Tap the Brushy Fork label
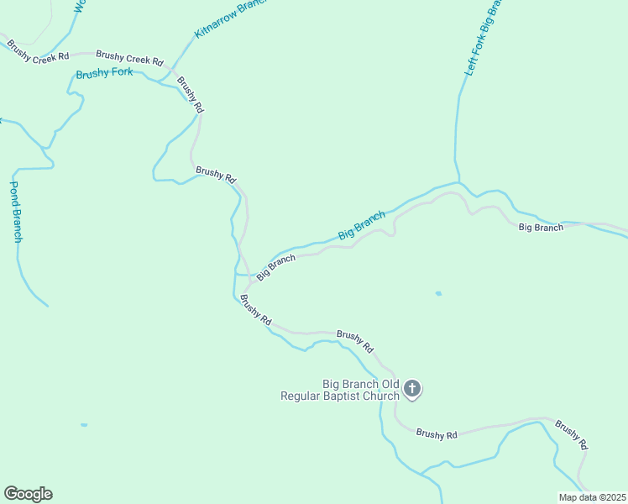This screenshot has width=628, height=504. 104,74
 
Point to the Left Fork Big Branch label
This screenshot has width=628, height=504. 483,39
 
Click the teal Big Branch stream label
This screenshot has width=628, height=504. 361,225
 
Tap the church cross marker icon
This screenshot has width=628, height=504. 411,388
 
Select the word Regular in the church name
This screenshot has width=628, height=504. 307,396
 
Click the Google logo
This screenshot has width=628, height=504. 28,494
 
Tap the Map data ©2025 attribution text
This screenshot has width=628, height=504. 592,497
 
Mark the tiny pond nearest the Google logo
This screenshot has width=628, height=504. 84,425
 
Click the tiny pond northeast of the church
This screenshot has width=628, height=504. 438,293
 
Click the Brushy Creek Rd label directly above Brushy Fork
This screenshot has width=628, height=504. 129,59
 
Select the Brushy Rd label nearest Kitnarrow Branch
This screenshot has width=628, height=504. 191,95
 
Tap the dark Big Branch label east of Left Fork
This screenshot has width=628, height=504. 541,228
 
